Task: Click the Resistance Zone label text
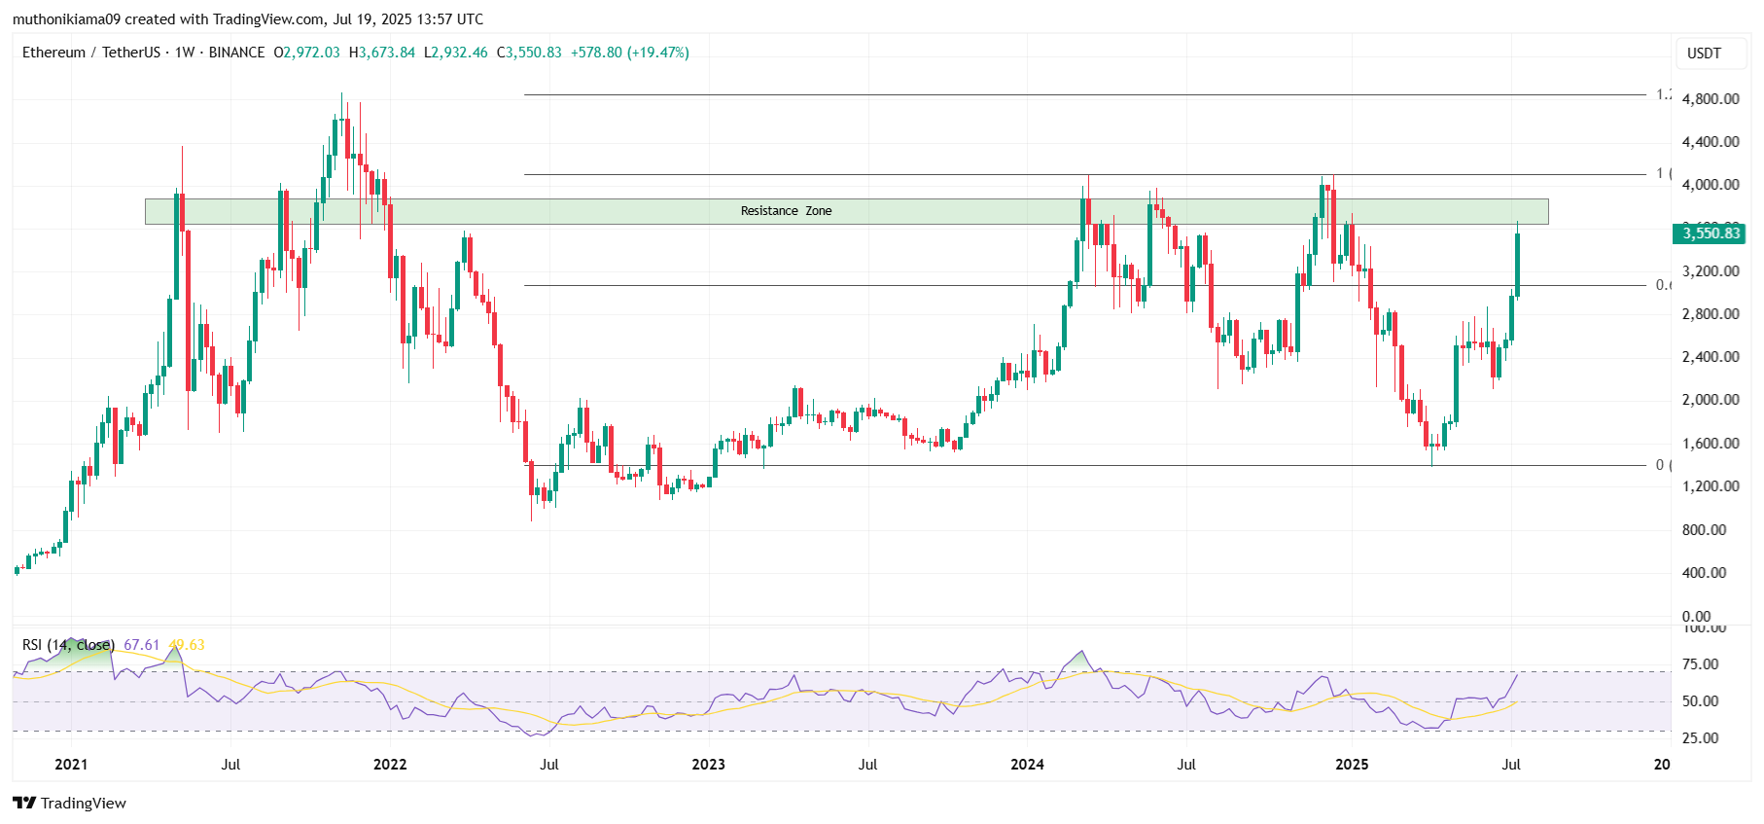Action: pos(786,211)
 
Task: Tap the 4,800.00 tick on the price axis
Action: pos(1710,98)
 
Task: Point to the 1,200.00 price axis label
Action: pos(1710,485)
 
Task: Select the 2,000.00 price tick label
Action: pos(1710,400)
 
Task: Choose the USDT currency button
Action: pos(1704,54)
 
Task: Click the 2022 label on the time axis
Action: pos(390,765)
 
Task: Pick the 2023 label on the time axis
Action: pos(708,765)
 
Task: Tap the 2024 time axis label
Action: pos(1027,765)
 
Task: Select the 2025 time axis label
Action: pos(1352,765)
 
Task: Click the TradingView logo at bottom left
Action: pos(70,803)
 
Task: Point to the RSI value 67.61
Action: pos(142,645)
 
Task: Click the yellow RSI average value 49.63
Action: pos(187,645)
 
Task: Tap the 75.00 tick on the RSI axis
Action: pos(1701,664)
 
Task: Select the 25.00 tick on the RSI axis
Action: pos(1701,738)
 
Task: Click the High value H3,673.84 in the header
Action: pos(382,53)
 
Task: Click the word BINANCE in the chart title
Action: pos(236,53)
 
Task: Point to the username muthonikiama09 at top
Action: pos(65,19)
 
